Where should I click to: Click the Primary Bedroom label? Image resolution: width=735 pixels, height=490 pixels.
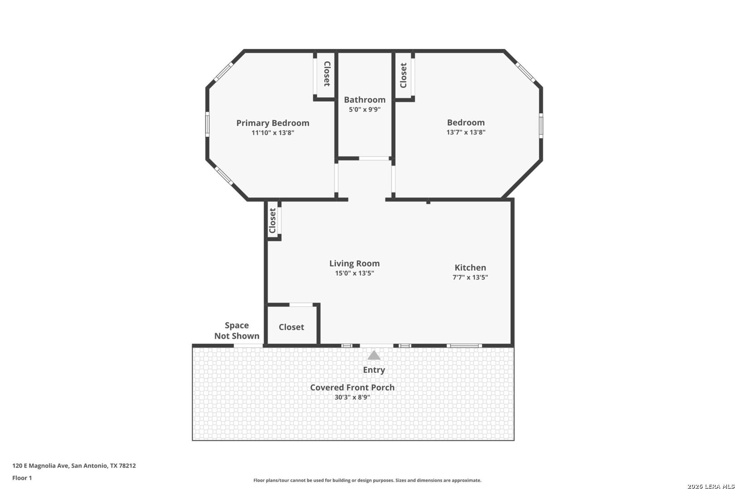click(x=273, y=123)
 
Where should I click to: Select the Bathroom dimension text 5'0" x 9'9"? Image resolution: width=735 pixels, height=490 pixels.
click(x=364, y=109)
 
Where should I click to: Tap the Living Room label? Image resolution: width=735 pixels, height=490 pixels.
click(x=354, y=263)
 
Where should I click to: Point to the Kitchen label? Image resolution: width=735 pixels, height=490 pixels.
click(x=470, y=268)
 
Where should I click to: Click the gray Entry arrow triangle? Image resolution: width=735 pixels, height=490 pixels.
click(x=374, y=355)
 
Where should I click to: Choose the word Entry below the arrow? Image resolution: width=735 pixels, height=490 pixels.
click(x=374, y=370)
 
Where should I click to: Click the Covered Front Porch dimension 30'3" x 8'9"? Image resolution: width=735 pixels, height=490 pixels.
click(x=352, y=397)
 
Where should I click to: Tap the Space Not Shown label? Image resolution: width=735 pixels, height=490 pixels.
click(x=236, y=330)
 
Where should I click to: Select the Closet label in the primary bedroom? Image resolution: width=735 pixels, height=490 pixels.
click(x=327, y=74)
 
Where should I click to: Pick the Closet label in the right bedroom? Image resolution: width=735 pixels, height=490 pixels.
click(x=403, y=75)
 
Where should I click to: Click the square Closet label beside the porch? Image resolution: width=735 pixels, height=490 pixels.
click(x=291, y=327)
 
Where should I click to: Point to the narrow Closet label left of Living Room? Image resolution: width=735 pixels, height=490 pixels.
click(x=272, y=220)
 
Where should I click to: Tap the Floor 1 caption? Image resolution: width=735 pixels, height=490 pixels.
click(x=22, y=478)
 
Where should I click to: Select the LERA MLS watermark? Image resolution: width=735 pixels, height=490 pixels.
click(x=710, y=486)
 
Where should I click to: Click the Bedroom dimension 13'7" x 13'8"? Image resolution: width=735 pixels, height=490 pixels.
click(x=465, y=132)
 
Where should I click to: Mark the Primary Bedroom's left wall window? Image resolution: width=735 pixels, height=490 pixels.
click(x=207, y=124)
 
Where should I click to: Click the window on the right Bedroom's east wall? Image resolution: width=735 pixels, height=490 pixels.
click(x=541, y=125)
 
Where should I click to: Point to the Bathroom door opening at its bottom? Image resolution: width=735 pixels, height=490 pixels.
click(x=374, y=158)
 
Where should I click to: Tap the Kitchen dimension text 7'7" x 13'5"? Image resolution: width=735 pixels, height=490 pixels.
click(x=470, y=277)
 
